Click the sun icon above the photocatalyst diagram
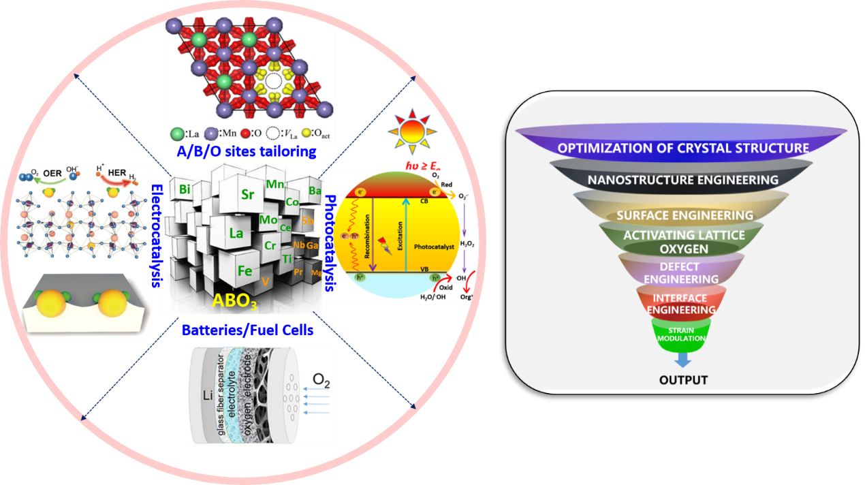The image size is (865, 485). pos(410,136)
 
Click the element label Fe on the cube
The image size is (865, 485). pos(245,270)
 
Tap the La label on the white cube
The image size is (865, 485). pos(236,233)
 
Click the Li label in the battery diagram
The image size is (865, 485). pos(211,395)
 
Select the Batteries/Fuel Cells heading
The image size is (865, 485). pos(247,331)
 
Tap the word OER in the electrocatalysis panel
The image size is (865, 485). pos(73,174)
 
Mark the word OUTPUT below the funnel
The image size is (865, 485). pos(683,379)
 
